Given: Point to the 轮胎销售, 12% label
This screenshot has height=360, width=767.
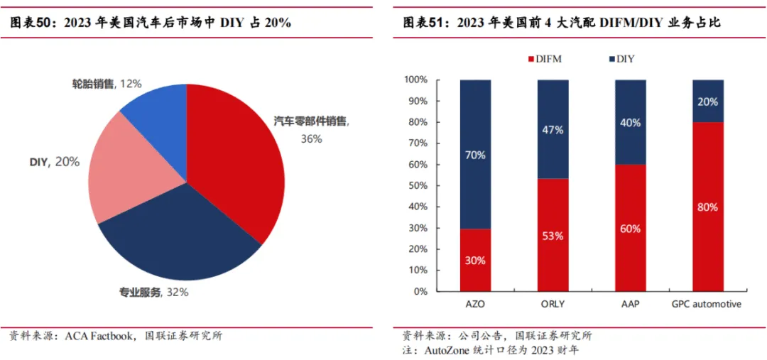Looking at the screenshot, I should (x=107, y=84).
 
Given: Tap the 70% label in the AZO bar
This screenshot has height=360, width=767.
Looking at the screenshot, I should (x=476, y=155).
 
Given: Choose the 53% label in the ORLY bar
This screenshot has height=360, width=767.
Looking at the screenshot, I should (x=553, y=236).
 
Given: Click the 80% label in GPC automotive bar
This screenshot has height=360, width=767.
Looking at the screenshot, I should (x=707, y=207).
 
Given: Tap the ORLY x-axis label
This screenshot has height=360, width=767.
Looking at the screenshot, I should (x=553, y=304).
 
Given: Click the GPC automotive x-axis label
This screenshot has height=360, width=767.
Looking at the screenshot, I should (x=707, y=304).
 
